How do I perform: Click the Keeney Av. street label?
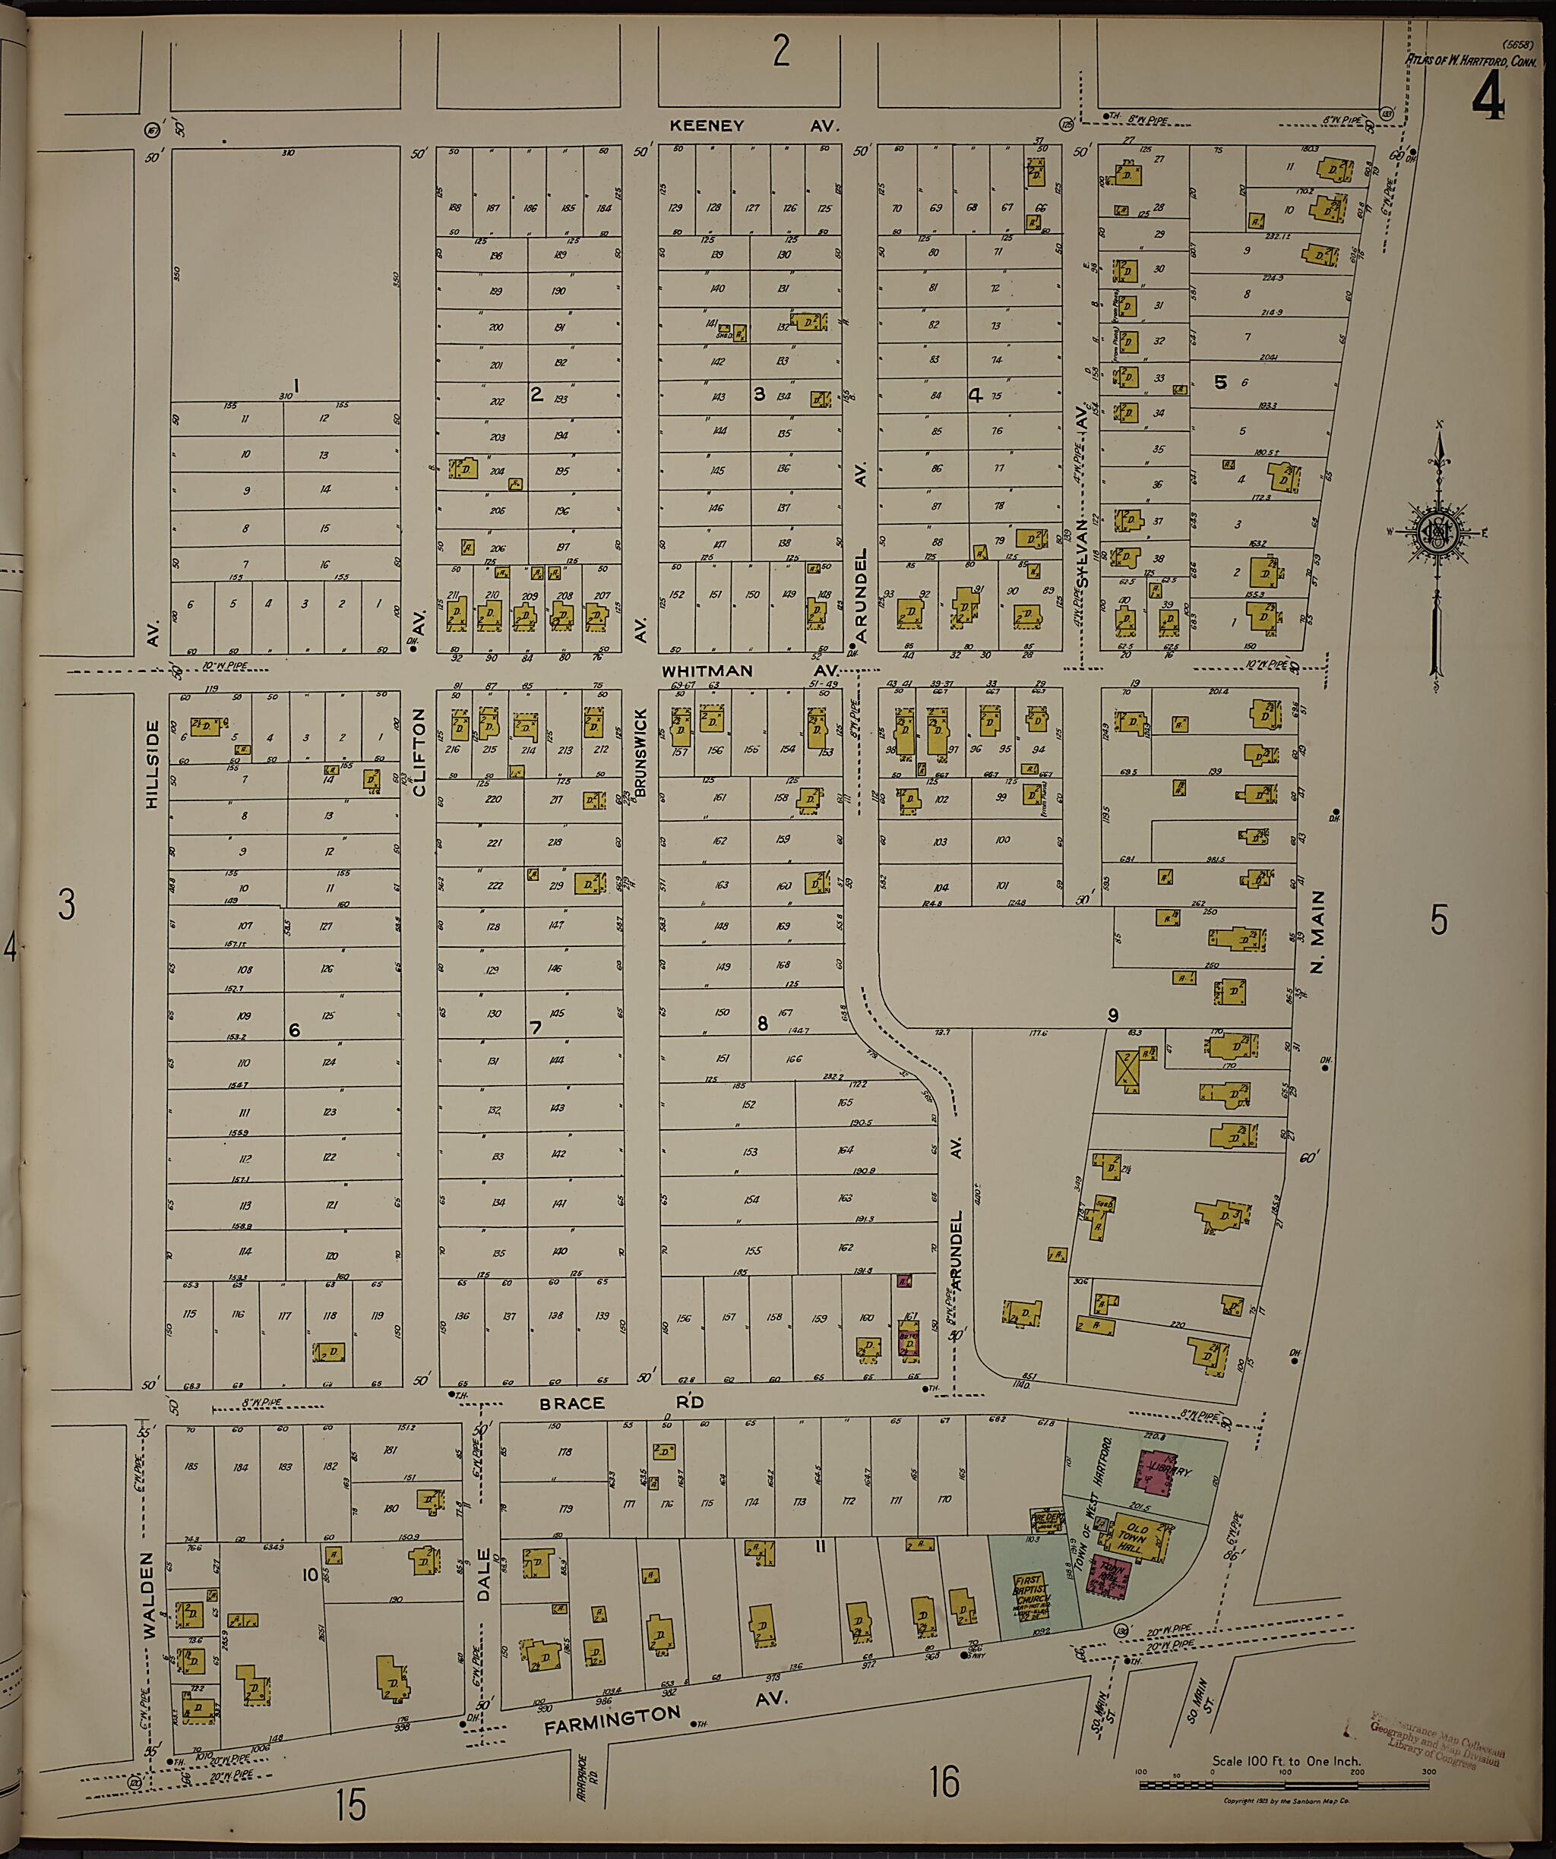(x=753, y=127)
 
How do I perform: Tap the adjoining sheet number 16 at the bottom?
(x=945, y=1781)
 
